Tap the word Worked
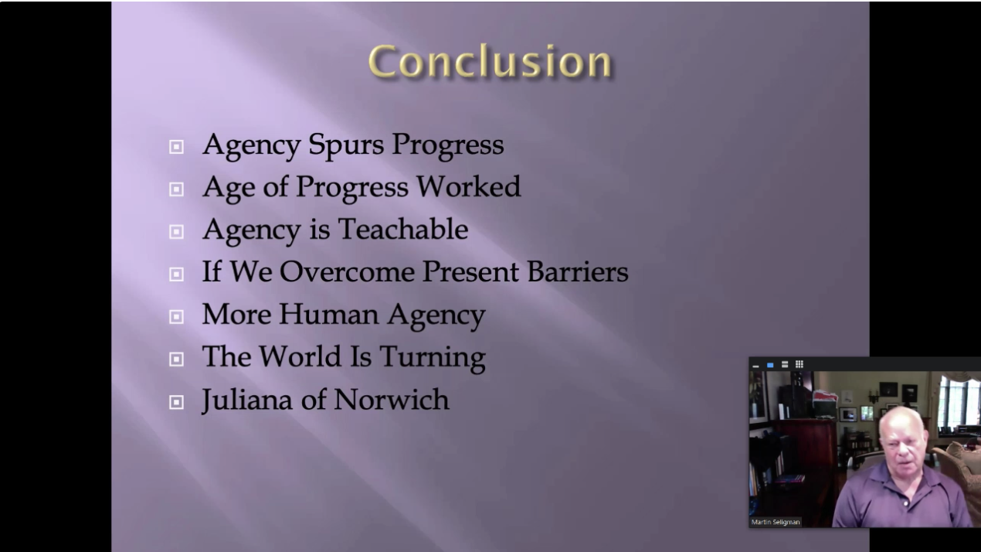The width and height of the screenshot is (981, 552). pos(468,186)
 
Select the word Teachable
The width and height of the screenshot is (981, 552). pos(403,229)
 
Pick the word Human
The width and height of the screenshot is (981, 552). pos(328,314)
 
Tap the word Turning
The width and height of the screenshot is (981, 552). pos(433,357)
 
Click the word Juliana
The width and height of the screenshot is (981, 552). pos(246,400)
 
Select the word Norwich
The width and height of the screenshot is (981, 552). pos(392,400)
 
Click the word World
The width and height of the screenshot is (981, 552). pos(300,356)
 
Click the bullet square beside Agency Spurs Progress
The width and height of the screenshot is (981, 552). pos(176,147)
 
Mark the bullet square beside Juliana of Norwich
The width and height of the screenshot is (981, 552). pos(176,402)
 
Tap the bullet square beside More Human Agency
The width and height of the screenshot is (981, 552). pos(176,316)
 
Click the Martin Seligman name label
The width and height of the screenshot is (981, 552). pos(776,522)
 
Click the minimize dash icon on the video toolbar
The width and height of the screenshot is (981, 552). pos(755,366)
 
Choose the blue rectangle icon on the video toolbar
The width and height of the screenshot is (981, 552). pos(770,365)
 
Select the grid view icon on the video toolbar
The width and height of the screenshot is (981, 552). pos(799,364)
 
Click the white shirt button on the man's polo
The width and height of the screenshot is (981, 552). pos(905,503)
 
